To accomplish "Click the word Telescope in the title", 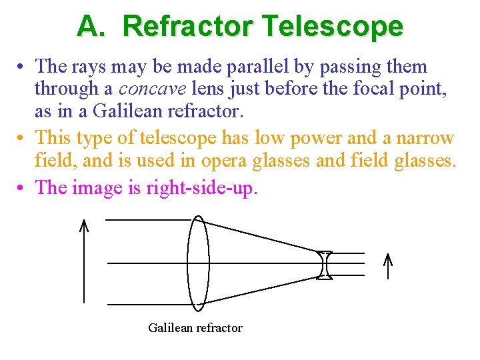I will [x=333, y=26].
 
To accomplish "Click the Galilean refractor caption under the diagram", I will [x=195, y=327].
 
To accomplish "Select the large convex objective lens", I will [x=198, y=263].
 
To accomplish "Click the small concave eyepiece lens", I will [x=324, y=264].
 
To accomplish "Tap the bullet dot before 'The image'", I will [x=23, y=188].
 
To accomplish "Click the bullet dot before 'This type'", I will [x=23, y=139].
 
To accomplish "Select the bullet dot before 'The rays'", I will [x=23, y=67].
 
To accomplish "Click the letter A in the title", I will [x=88, y=26].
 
